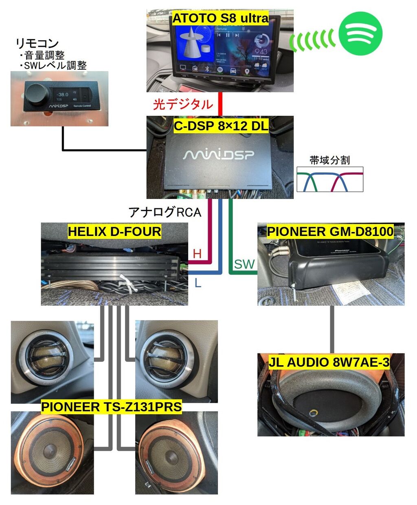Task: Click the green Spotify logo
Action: (360, 33)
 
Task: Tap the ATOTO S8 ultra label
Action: (220, 18)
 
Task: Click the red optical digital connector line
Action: (220, 104)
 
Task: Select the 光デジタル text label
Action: (183, 104)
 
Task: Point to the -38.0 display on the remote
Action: (62, 94)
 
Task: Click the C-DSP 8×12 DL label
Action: (221, 126)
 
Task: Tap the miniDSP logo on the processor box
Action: (219, 154)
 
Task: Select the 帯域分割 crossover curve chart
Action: (329, 179)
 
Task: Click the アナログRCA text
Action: (165, 212)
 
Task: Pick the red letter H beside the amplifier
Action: (198, 254)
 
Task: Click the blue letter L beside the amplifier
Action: (198, 282)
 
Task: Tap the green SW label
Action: (244, 265)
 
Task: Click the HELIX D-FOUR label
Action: (114, 232)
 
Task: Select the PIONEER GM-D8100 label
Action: (330, 232)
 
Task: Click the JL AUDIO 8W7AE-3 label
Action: (329, 362)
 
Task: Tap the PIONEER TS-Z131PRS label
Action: (111, 407)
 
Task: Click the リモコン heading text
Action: (37, 43)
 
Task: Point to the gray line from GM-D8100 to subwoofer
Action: (332, 329)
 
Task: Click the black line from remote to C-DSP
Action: (102, 150)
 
